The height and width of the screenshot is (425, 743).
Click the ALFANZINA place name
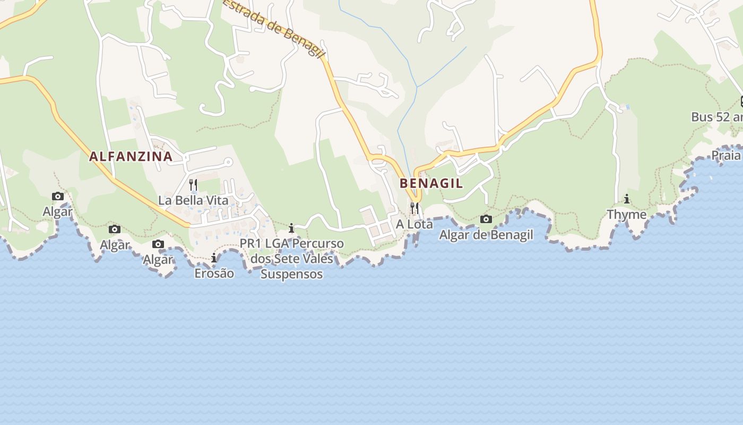131,156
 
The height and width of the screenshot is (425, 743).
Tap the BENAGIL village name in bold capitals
431,183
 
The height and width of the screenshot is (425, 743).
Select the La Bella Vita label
193,200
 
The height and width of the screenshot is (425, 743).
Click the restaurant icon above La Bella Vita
193,185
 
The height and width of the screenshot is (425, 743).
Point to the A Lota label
414,224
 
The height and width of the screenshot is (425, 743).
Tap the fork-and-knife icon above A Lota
414,208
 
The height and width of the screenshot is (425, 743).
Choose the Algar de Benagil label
486,234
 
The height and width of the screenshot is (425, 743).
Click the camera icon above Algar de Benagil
486,219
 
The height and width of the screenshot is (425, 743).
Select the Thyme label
626,215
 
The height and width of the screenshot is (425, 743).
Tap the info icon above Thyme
627,199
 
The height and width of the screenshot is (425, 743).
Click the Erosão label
214,274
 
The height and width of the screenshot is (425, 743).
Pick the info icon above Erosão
214,258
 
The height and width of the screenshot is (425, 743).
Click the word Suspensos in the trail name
291,274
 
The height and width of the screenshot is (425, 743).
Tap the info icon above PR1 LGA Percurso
291,228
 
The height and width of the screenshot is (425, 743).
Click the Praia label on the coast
725,155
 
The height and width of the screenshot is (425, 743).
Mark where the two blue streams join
417,87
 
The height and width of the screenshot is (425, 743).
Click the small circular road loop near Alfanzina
228,162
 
